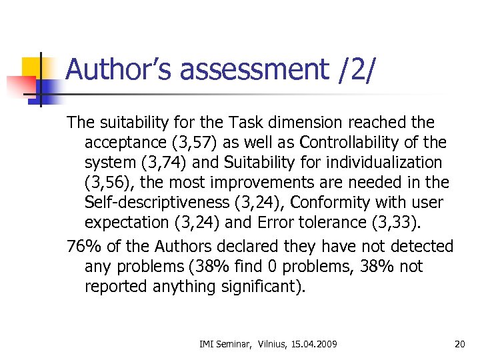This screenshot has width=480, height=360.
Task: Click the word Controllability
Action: pyautogui.click(x=367, y=143)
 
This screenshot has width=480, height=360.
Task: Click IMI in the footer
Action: pyautogui.click(x=207, y=344)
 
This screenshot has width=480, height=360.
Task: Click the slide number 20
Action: pyautogui.click(x=459, y=343)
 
